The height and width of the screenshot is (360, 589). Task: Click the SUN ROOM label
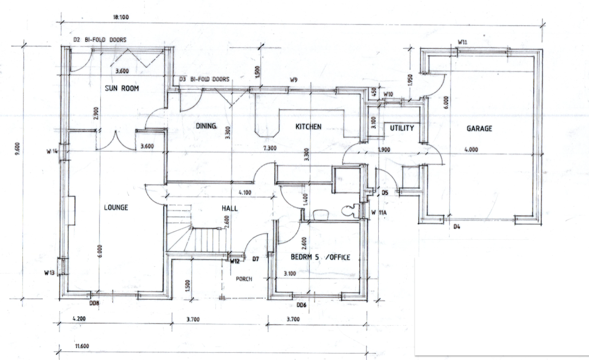(x=121, y=88)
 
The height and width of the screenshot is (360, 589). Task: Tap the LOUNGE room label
(x=115, y=207)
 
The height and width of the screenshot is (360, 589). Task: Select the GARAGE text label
(x=479, y=129)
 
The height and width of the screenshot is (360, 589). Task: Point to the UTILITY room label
(x=402, y=128)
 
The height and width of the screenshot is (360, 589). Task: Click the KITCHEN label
(x=308, y=126)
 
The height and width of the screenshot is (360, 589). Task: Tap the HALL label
(x=230, y=208)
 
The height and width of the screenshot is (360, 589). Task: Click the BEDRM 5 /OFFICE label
(x=320, y=257)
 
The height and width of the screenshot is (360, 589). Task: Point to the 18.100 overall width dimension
(x=121, y=17)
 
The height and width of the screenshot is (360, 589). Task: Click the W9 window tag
(x=293, y=80)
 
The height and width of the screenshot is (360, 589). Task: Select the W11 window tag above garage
(x=462, y=42)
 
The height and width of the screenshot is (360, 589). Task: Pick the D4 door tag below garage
(x=457, y=227)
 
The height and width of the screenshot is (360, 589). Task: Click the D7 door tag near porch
(x=255, y=259)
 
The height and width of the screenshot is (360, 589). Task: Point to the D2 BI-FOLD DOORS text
(x=100, y=40)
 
